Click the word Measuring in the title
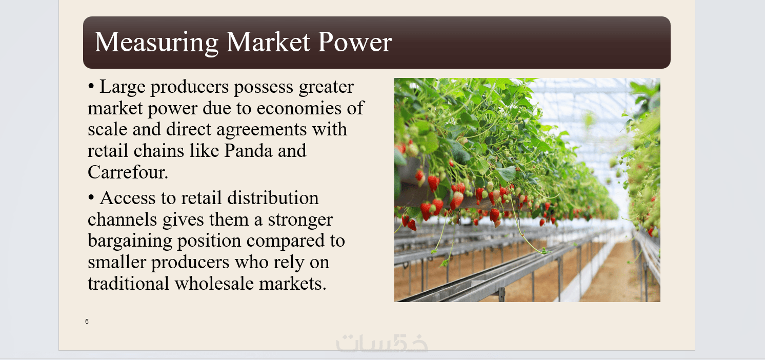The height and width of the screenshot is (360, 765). point(156,43)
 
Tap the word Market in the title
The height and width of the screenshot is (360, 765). point(268,42)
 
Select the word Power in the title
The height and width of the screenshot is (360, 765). point(355,42)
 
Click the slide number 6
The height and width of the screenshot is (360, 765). point(87,322)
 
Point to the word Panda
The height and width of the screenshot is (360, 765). point(248,151)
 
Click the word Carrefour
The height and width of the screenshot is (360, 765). point(128,172)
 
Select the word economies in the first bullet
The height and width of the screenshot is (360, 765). point(299,108)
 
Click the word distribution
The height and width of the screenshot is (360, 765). point(273,198)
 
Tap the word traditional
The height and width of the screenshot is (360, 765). point(128,284)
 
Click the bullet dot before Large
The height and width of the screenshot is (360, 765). point(91,86)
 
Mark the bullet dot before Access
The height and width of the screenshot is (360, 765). point(91,197)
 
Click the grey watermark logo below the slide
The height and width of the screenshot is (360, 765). point(382,343)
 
